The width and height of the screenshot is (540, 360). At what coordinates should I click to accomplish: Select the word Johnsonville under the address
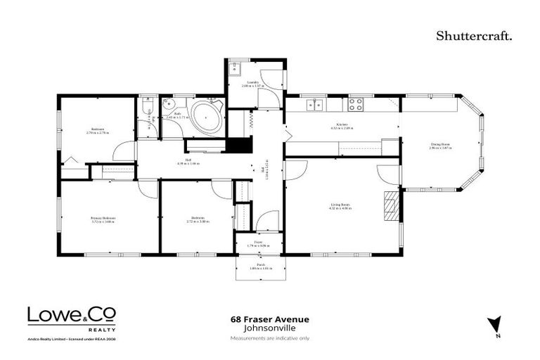270,328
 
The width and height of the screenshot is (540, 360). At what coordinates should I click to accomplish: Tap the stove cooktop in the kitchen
356,105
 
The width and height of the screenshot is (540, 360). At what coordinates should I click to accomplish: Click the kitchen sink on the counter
314,105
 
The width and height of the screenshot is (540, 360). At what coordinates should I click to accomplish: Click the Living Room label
341,206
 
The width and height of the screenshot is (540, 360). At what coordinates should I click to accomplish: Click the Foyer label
258,243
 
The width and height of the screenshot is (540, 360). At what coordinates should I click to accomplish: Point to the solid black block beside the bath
237,145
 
